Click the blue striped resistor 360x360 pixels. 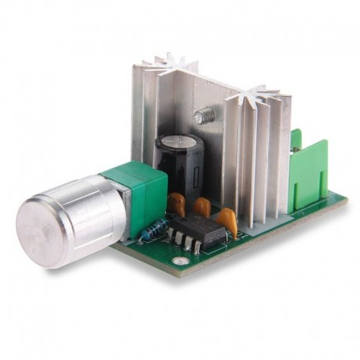(x=156, y=229)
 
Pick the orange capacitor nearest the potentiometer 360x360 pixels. (x=177, y=204)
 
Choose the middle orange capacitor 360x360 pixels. (x=202, y=207)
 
